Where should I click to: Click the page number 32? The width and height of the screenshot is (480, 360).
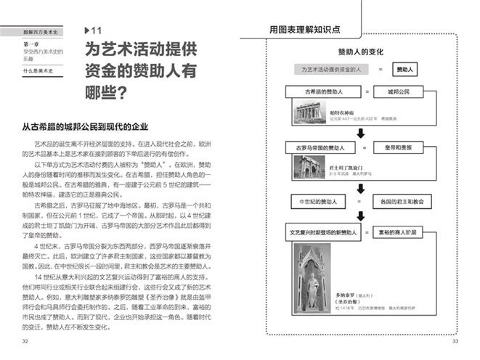coord(26,341)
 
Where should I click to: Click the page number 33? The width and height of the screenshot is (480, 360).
coord(455,341)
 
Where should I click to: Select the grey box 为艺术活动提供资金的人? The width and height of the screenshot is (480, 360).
coord(331,69)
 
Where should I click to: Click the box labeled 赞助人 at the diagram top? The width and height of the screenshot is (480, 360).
coord(404,69)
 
